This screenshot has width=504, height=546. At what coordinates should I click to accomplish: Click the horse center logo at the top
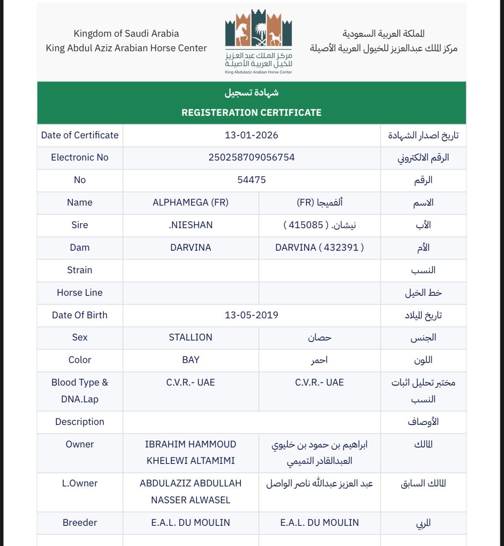coord(258,41)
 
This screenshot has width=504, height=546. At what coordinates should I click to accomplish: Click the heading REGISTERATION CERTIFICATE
coord(251,113)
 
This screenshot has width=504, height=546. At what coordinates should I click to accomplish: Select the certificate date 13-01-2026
coord(251,135)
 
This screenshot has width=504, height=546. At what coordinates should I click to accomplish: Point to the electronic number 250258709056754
coord(251,157)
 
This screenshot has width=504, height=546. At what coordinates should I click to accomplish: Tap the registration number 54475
coord(251,180)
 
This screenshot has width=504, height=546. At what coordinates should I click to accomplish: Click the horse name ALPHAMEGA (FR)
coord(191,203)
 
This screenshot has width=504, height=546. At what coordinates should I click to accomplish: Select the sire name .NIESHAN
coord(191,225)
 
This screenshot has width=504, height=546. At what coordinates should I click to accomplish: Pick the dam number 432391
coord(341,248)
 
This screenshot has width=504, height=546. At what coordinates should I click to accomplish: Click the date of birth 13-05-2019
coord(251,315)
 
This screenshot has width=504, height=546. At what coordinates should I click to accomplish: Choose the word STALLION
coord(191,337)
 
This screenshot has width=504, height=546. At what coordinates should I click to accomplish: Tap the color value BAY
coord(191,360)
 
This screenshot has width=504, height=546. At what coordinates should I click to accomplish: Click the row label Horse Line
coord(80,293)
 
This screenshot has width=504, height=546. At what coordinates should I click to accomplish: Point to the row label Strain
coord(80,270)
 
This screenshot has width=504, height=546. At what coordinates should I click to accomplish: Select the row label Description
coord(80,422)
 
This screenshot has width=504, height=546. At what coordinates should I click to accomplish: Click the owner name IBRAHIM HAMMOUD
coord(191,444)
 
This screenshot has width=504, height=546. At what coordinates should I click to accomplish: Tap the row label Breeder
coord(80,523)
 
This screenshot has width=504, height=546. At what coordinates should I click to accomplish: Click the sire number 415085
coord(306,225)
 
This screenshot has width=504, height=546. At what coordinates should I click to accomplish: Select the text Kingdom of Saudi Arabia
coord(126,34)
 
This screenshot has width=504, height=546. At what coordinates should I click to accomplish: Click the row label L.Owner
coord(80,483)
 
